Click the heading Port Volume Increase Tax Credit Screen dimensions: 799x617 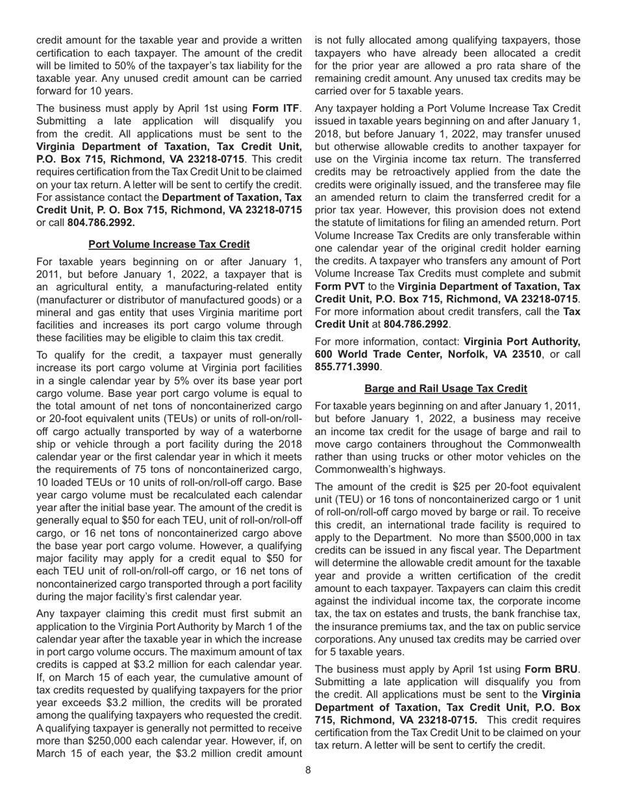point(169,244)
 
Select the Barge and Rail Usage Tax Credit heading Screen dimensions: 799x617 point(446,388)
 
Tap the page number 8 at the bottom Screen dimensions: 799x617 point(308,770)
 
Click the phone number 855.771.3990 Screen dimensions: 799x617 point(344,366)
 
